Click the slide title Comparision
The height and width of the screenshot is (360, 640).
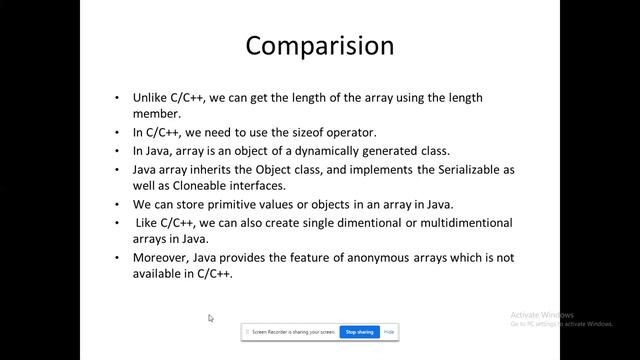pos(320,46)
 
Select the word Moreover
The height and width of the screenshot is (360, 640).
pos(162,258)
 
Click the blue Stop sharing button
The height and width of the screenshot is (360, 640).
pos(358,331)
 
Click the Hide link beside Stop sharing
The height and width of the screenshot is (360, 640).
pos(389,331)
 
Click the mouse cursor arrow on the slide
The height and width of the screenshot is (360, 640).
pos(210,318)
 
